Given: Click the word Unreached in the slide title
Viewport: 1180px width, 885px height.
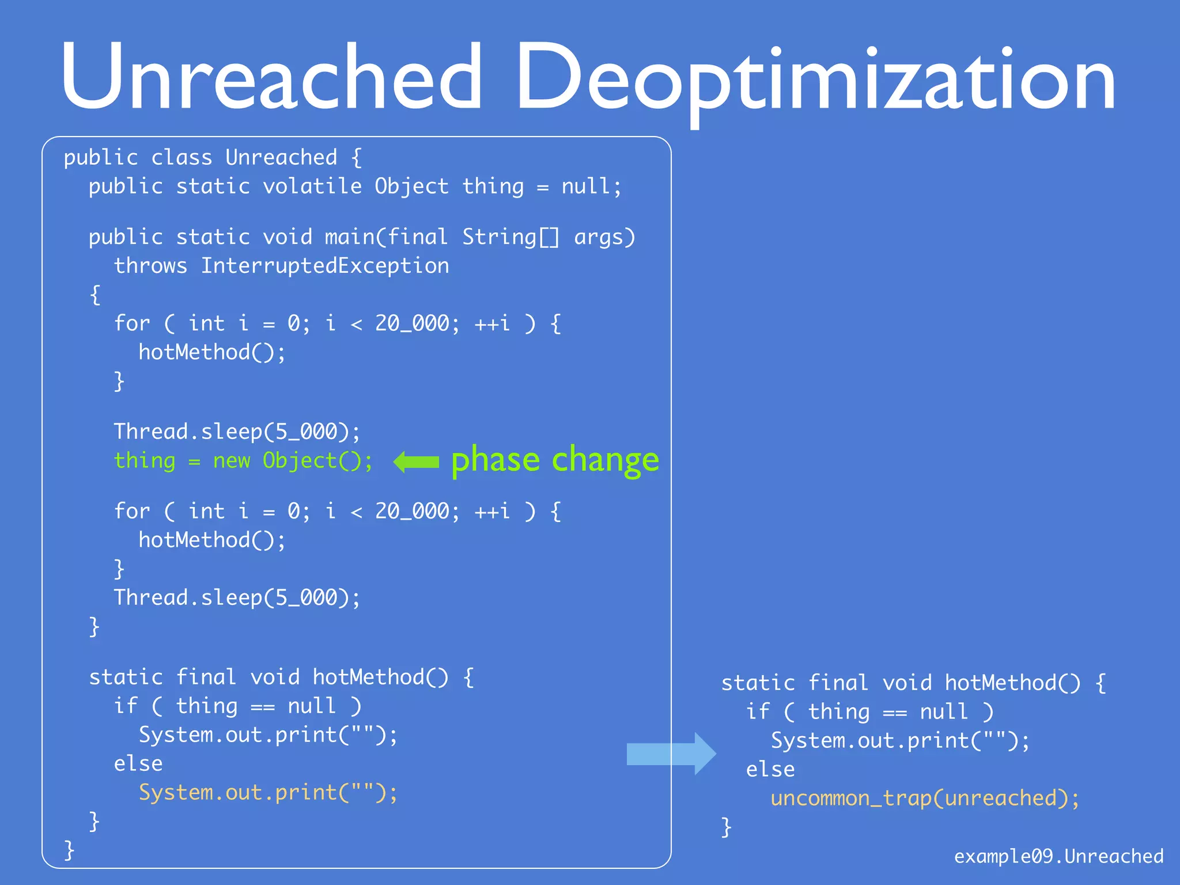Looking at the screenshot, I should point(271,77).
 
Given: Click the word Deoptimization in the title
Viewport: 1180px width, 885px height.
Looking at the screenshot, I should point(815,81).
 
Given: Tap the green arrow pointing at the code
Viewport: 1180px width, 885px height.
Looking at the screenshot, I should point(415,462).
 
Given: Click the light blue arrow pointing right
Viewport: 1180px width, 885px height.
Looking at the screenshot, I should point(671,754).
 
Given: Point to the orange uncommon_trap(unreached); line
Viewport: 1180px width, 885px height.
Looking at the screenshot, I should point(925,798).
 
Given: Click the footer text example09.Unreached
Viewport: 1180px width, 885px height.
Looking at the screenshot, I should point(1058,856).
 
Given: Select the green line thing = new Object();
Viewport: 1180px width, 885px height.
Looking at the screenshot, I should point(243,461).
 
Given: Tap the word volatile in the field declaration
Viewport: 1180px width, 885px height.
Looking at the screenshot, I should point(312,187).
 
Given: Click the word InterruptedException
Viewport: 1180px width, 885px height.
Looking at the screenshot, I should point(325,266).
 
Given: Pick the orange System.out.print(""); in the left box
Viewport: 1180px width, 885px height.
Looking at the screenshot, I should point(268,792).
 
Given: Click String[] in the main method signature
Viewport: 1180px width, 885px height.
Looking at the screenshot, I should point(510,237).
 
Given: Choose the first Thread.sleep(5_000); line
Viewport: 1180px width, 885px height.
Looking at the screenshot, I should point(237,432).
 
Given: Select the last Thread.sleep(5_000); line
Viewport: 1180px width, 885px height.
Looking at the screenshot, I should point(237,597).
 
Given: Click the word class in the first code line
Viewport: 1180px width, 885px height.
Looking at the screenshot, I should point(181,158).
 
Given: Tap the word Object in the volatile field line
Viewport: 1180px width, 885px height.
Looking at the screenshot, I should point(411,187).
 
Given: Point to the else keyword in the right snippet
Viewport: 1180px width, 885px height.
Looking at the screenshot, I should point(770,770).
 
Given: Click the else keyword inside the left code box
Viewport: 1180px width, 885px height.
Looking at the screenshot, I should point(138,764).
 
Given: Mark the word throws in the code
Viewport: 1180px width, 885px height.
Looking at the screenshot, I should point(150,266).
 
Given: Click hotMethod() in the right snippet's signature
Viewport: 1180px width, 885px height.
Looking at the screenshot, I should point(1012,683).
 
